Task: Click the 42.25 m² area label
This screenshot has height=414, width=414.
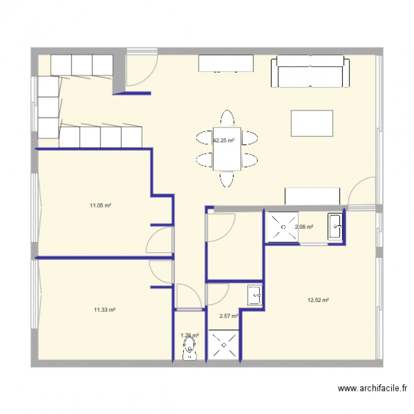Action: tap(224, 140)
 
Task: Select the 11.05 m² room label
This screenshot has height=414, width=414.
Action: tap(101, 205)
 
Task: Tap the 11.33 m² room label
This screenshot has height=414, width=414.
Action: tap(104, 310)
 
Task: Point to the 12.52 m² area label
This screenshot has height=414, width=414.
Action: tap(318, 300)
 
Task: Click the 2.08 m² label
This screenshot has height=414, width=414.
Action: tap(304, 227)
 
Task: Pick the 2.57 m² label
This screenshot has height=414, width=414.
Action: tap(229, 316)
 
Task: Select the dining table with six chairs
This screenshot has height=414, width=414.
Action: tap(227, 149)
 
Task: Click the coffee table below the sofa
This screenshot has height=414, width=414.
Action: tap(312, 123)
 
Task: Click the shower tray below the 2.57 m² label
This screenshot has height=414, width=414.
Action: tap(224, 345)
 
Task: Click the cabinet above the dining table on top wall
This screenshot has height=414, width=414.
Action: tap(226, 63)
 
